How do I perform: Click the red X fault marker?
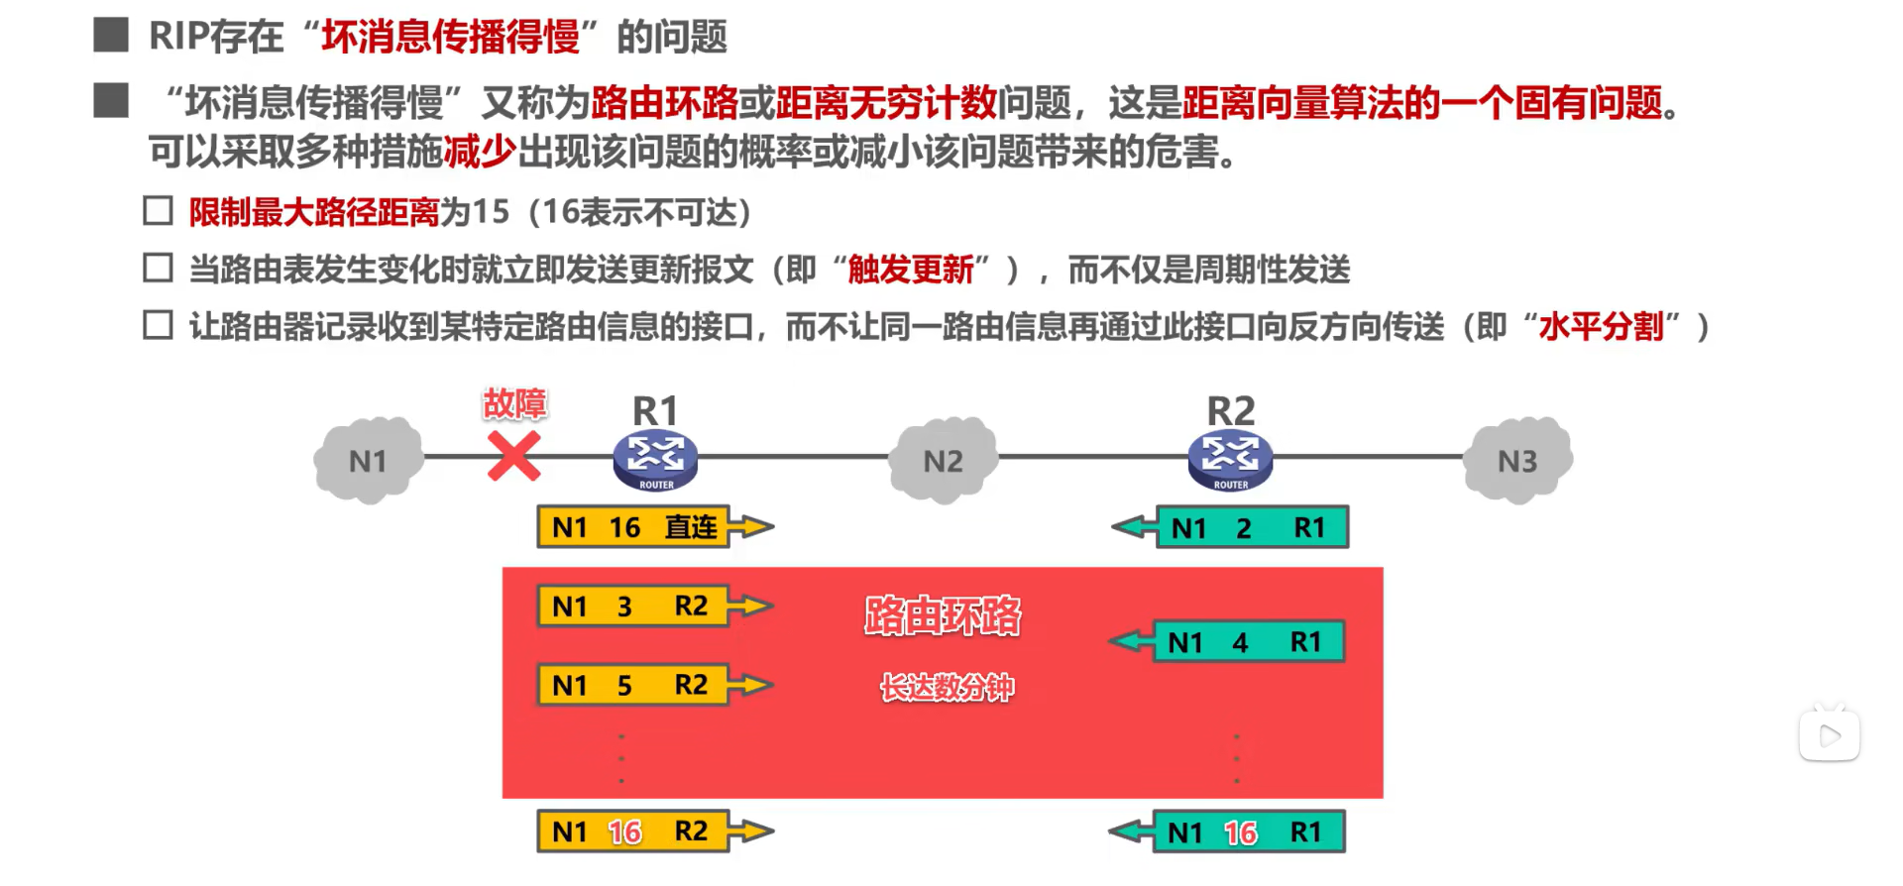[x=513, y=457]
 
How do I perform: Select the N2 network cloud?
[x=943, y=461]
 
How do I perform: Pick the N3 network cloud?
[x=1517, y=461]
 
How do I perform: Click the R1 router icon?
[x=655, y=460]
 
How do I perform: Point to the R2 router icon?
[x=1230, y=460]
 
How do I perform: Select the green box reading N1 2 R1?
[x=1252, y=528]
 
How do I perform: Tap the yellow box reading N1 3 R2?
[x=632, y=607]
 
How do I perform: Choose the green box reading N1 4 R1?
[x=1249, y=642]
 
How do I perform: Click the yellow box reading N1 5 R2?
[x=632, y=685]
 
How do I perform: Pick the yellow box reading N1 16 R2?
[x=632, y=831]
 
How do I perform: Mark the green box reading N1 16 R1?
[x=1249, y=832]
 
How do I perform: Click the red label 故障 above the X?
[x=514, y=403]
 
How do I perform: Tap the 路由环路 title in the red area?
[x=942, y=615]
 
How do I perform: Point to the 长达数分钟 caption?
[x=947, y=687]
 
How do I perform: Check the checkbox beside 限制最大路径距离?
[x=159, y=211]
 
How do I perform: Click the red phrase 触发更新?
[x=911, y=270]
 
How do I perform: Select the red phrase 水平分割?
[x=1601, y=326]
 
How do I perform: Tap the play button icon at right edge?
[x=1830, y=735]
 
